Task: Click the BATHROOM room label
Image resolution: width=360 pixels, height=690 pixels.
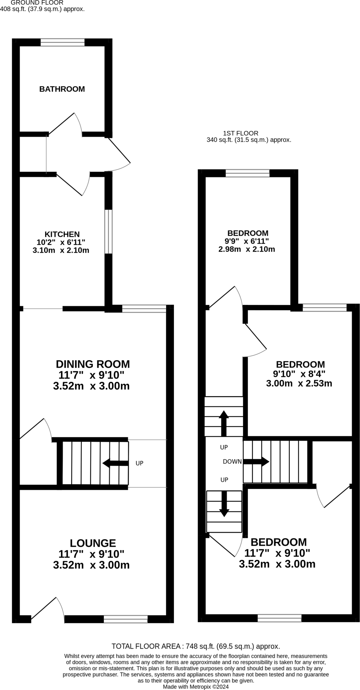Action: click(x=62, y=89)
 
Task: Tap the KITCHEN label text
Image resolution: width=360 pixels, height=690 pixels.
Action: click(x=62, y=234)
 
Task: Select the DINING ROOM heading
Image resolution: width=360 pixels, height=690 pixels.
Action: click(x=93, y=364)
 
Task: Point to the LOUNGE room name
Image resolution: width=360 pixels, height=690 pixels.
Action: click(x=93, y=543)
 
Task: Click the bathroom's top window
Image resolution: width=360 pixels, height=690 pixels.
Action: click(x=62, y=42)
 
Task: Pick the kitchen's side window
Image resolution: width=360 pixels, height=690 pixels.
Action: click(x=109, y=231)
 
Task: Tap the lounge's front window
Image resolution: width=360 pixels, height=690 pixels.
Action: click(x=126, y=619)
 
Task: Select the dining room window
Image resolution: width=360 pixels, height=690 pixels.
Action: click(x=144, y=308)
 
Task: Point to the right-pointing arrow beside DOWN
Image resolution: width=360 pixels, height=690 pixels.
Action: click(x=256, y=461)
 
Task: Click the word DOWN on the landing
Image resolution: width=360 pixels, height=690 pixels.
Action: click(x=232, y=462)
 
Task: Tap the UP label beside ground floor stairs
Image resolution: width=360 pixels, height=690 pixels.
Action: click(x=140, y=463)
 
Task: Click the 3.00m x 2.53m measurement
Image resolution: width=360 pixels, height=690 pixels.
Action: click(x=299, y=383)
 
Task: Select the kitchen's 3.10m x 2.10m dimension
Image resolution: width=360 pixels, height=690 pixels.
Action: click(x=61, y=250)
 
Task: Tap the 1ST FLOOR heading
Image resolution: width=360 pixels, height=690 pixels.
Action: click(x=241, y=133)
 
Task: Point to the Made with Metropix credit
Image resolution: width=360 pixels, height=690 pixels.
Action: click(x=196, y=687)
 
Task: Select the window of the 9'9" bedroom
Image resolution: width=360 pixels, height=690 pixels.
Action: click(x=248, y=173)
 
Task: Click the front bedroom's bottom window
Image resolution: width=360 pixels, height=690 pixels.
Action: click(x=279, y=618)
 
